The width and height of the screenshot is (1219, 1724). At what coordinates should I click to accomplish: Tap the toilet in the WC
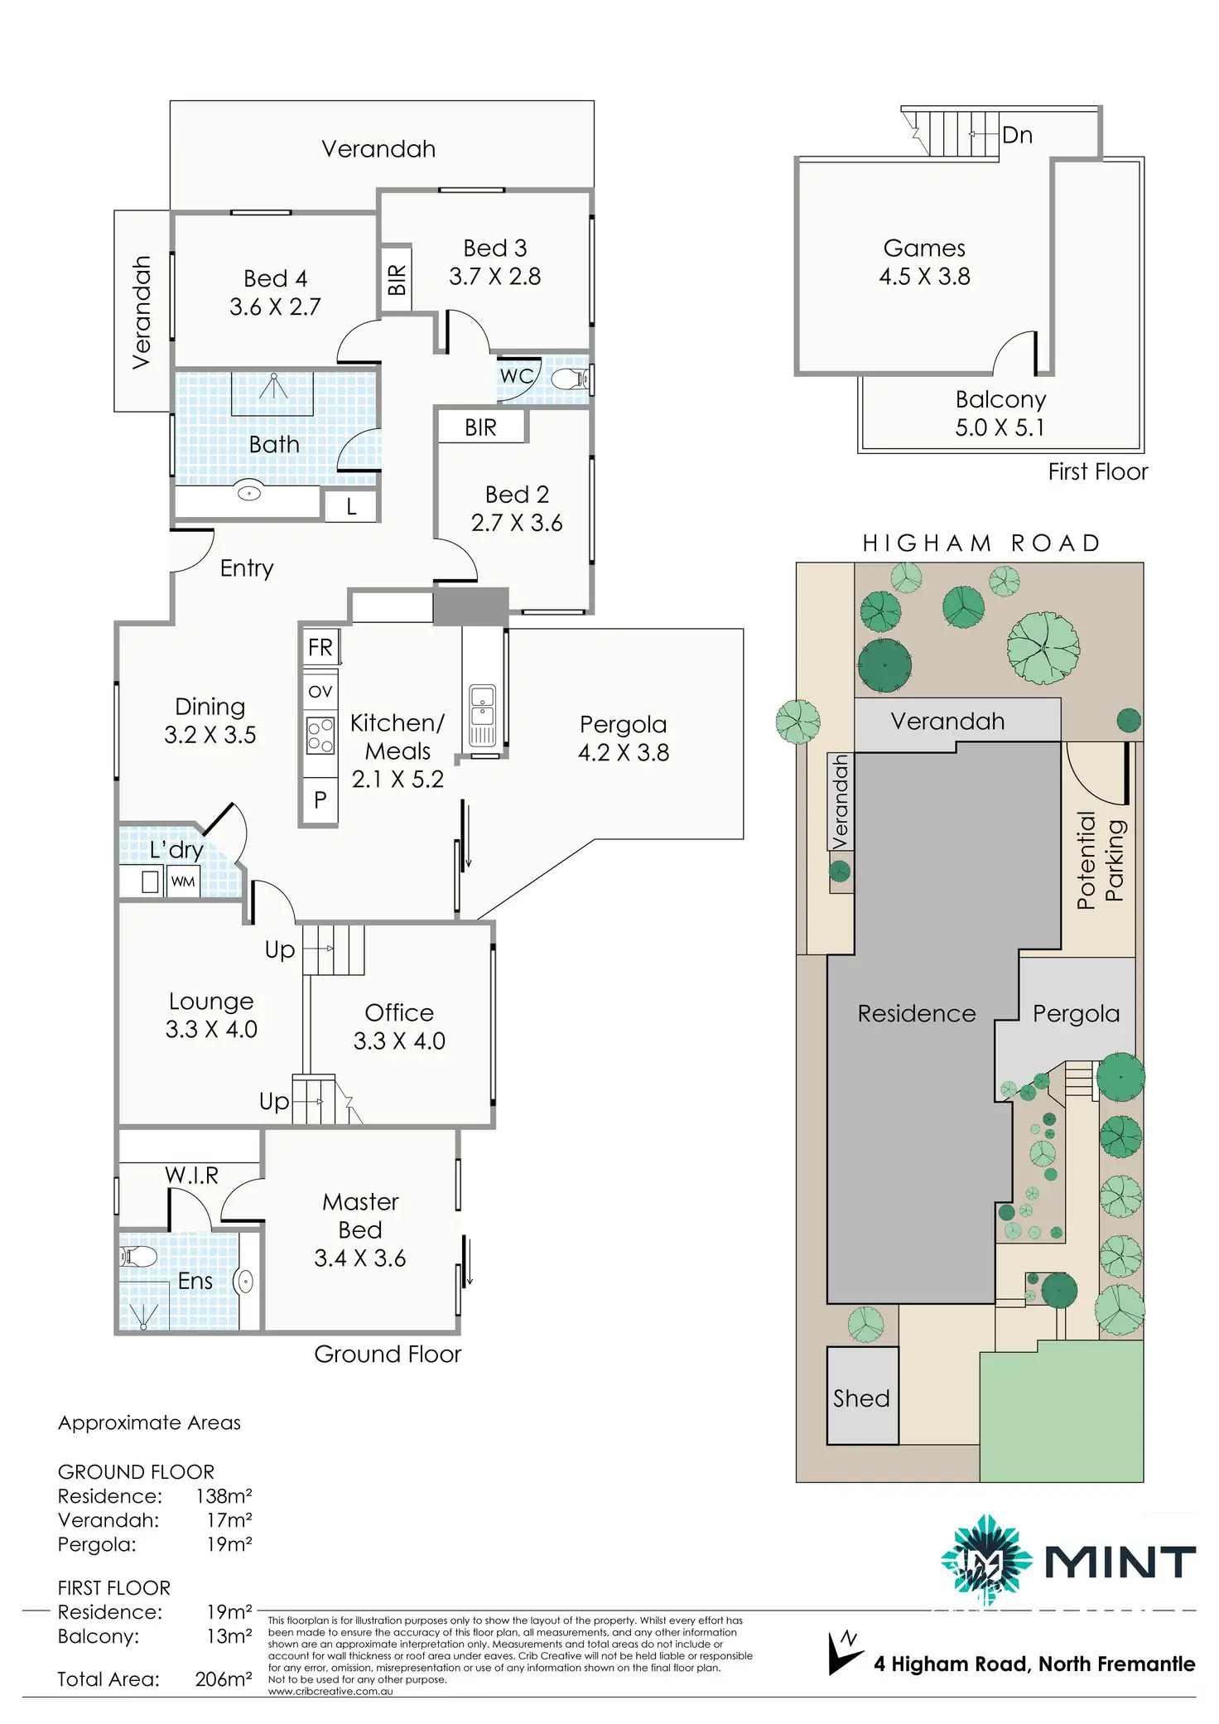pos(569,379)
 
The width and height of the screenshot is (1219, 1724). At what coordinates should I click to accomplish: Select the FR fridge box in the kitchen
pos(320,647)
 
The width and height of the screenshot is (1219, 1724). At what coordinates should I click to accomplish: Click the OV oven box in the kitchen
pos(320,691)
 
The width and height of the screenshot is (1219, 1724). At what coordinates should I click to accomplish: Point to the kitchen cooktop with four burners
pos(320,735)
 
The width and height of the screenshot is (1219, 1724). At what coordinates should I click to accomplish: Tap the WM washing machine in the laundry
pos(183,881)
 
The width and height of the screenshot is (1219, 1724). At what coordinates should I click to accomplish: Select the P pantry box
pos(320,799)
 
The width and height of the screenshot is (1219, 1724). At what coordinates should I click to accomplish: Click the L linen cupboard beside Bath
pos(351,506)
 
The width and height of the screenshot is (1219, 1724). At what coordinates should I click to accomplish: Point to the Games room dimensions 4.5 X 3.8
pos(924,276)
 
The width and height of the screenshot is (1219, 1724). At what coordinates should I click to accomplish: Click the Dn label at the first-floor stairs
pos(1017,135)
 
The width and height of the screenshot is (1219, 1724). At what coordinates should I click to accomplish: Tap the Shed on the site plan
pos(862,1398)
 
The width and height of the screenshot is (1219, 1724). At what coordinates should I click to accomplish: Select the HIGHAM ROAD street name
pos(981,543)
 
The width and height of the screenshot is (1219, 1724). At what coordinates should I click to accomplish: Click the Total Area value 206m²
pos(224,1679)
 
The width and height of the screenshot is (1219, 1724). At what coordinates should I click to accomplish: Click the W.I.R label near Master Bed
pos(191,1175)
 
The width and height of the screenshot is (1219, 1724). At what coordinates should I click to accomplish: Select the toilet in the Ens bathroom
pos(138,1257)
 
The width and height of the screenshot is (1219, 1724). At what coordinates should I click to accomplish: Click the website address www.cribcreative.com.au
pos(330,1691)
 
